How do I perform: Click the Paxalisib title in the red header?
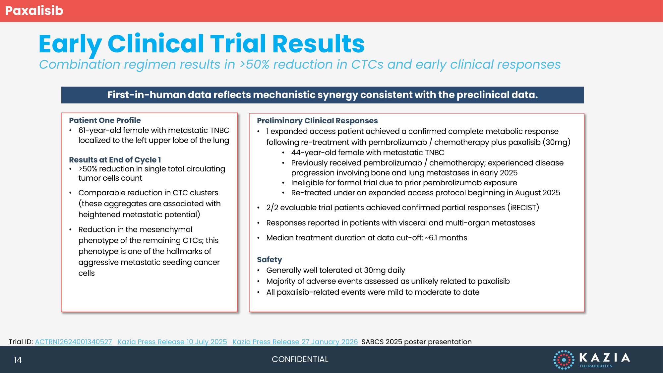point(34,11)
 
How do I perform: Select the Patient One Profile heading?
point(105,120)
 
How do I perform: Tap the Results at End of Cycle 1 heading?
point(115,160)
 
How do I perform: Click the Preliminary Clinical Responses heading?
point(317,121)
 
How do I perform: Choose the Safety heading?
point(270,260)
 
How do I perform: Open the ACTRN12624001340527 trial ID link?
point(73,342)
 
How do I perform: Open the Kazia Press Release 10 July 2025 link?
point(172,342)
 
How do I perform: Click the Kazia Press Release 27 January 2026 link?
point(295,342)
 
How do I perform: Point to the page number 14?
point(18,360)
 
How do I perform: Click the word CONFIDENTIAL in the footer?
point(300,359)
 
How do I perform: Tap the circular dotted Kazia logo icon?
point(564,360)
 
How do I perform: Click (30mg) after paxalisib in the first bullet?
point(557,142)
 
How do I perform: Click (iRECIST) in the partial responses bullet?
point(523,208)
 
